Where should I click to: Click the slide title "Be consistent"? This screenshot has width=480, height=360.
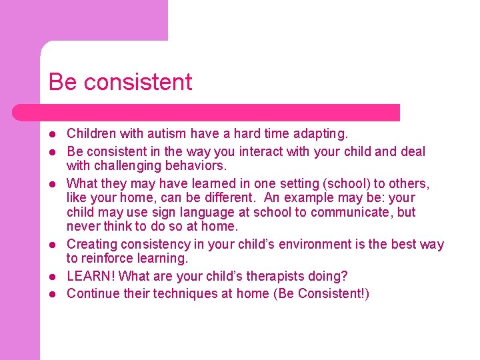click(120, 82)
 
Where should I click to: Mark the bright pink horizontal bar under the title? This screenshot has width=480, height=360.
click(207, 113)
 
